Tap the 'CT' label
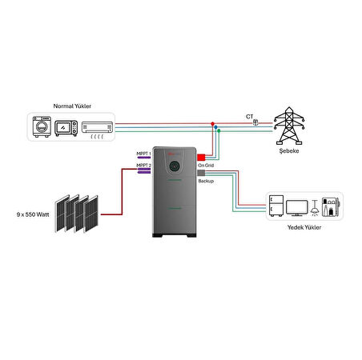(249, 116)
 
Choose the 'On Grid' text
(206, 165)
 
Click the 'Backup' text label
(206, 182)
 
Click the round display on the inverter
(174, 166)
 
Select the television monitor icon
(297, 207)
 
